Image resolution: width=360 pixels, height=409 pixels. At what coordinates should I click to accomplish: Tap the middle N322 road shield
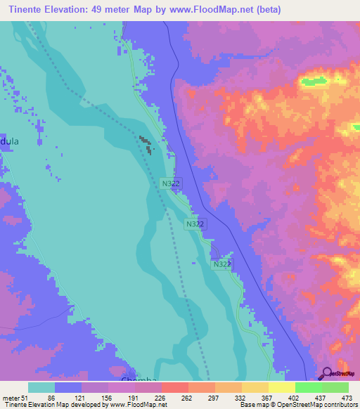(x=195, y=223)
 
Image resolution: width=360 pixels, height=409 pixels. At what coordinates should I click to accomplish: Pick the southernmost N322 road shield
(x=221, y=264)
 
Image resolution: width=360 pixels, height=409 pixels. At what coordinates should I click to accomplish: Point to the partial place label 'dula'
(x=10, y=141)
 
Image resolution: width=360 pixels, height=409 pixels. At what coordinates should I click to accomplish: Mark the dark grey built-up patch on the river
(x=146, y=144)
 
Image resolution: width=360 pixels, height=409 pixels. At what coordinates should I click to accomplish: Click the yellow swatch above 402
(x=281, y=387)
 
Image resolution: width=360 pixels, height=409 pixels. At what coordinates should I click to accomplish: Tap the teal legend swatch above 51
(x=41, y=387)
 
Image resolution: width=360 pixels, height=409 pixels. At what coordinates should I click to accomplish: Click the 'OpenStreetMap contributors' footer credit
(x=314, y=405)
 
